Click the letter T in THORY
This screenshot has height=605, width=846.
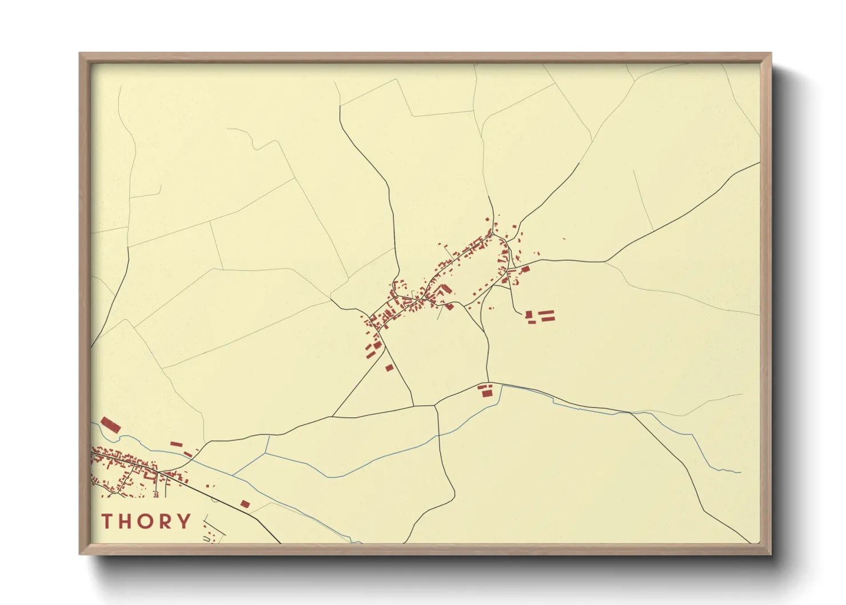point(107,521)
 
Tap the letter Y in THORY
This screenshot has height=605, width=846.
point(184,521)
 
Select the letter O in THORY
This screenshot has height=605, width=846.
point(145,521)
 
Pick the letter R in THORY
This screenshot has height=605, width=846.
point(165,521)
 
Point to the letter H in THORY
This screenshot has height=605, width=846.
point(125,521)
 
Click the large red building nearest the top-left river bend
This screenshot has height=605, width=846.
point(110,425)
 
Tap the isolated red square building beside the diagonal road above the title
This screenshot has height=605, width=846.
point(245,504)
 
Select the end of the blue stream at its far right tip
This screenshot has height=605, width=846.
point(740,472)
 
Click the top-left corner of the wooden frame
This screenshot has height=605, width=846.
point(80,54)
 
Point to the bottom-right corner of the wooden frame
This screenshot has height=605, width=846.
point(771,554)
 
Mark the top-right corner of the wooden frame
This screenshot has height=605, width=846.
point(771,54)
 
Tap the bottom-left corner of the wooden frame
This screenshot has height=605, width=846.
point(80,554)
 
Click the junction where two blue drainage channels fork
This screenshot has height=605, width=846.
point(266,453)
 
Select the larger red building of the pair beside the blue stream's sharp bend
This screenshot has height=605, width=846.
point(486,393)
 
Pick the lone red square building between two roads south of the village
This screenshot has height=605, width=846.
point(389,368)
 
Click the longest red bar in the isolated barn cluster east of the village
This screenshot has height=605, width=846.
point(547,312)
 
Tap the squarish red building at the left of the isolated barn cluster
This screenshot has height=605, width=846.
point(529,314)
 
